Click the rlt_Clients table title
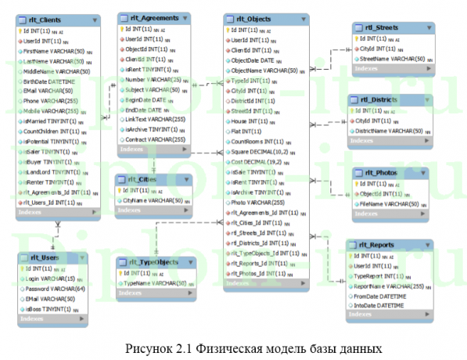pyautogui.click(x=45, y=19)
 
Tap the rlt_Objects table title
pyautogui.click(x=251, y=18)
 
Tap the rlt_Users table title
pyautogui.click(x=41, y=257)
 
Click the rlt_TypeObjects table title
pyautogui.click(x=152, y=262)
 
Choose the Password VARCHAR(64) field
pyautogui.click(x=56, y=289)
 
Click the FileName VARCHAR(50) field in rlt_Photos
pyautogui.click(x=390, y=203)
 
